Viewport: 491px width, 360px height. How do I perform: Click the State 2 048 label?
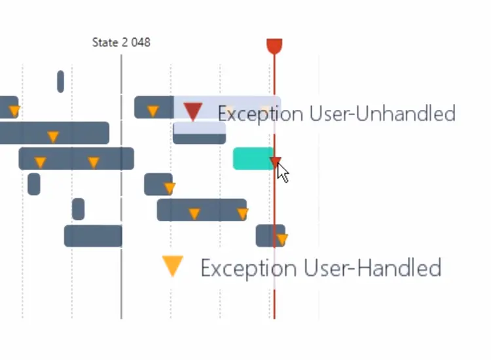pyautogui.click(x=121, y=43)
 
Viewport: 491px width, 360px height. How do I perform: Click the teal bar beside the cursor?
pyautogui.click(x=253, y=158)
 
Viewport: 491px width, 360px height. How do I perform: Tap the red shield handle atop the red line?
pyautogui.click(x=274, y=46)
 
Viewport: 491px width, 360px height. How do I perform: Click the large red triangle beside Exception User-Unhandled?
pyautogui.click(x=192, y=111)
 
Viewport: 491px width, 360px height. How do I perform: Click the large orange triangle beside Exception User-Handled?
pyautogui.click(x=172, y=266)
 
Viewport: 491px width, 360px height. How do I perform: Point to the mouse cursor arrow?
pyautogui.click(x=282, y=173)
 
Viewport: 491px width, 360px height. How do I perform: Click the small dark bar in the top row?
pyautogui.click(x=60, y=81)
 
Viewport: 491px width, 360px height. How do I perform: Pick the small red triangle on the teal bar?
pyautogui.click(x=276, y=162)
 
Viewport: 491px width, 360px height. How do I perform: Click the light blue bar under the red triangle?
pyautogui.click(x=199, y=132)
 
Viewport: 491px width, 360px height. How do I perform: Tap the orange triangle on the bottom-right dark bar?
pyautogui.click(x=282, y=240)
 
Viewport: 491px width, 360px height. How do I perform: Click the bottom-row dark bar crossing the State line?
pyautogui.click(x=93, y=236)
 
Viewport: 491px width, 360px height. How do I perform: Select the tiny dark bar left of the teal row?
pyautogui.click(x=33, y=184)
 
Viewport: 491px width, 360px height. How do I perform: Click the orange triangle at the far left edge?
pyautogui.click(x=14, y=110)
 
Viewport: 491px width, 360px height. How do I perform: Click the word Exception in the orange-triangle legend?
pyautogui.click(x=240, y=268)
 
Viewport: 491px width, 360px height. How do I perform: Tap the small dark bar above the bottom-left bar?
pyautogui.click(x=78, y=209)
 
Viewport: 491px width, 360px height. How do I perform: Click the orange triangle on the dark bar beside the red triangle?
pyautogui.click(x=153, y=111)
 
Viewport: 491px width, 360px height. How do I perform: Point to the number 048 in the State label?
pyautogui.click(x=140, y=43)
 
